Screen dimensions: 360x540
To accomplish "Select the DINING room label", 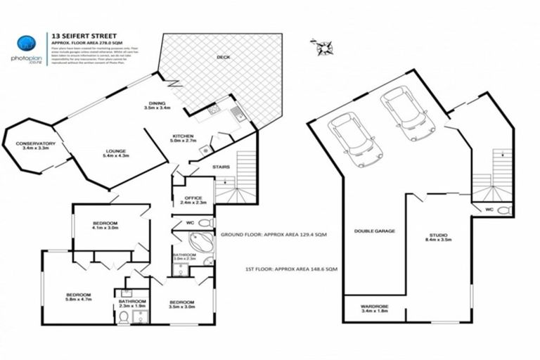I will tap(157, 105).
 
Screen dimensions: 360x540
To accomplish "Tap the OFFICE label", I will tap(193, 199).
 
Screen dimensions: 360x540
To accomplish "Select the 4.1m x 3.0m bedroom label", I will tap(104, 225).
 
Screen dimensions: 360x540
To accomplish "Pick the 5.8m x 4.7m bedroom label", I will tap(79, 297).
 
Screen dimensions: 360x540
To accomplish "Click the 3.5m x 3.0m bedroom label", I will tap(181, 304).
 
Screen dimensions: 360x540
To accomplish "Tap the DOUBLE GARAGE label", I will tap(375, 231).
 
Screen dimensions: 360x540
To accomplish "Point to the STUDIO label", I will tap(439, 238).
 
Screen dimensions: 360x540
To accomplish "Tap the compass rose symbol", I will tap(325, 48).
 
